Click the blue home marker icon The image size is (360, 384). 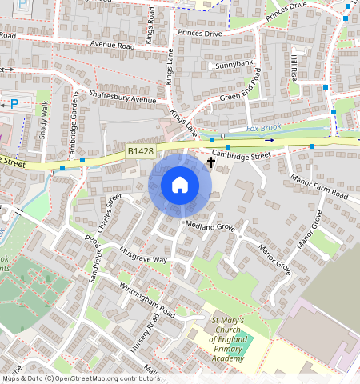[x=180, y=185]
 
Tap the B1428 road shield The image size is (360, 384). [x=140, y=150]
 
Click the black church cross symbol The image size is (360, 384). [x=211, y=162]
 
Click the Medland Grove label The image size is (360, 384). [x=210, y=226]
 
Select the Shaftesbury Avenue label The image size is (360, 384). [x=122, y=99]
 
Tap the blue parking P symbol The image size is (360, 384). [x=14, y=103]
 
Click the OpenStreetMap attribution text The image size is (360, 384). [x=80, y=378]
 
